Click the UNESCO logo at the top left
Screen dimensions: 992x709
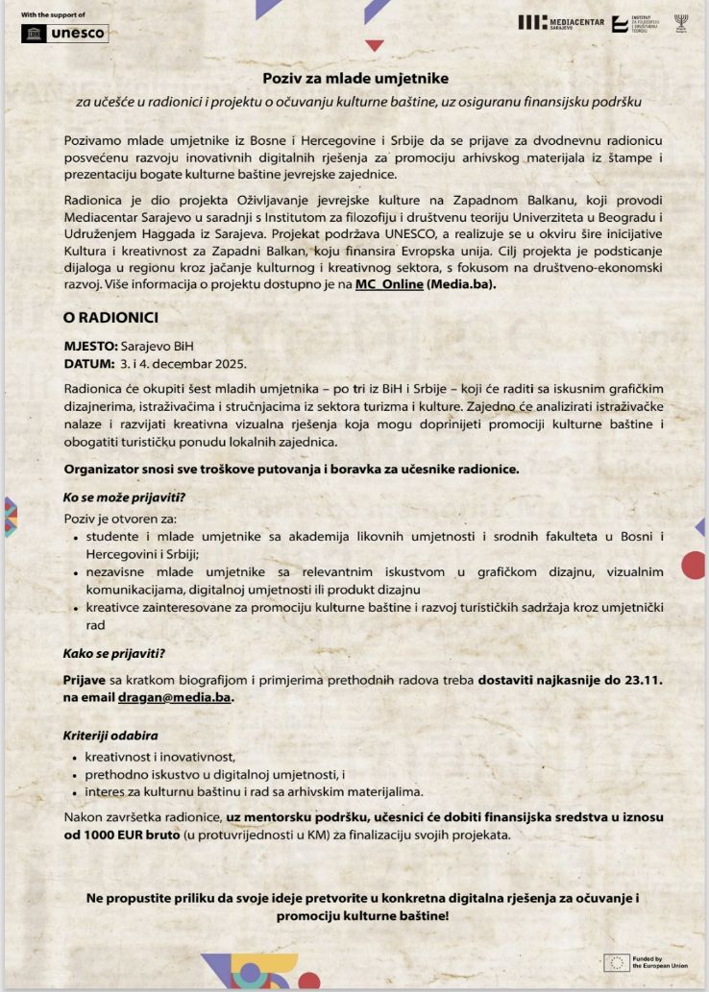[64, 34]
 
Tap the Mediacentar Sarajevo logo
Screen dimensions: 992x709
[561, 22]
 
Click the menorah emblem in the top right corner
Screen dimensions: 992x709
[681, 22]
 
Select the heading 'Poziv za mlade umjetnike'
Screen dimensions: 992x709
[356, 78]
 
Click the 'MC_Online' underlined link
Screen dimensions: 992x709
[388, 284]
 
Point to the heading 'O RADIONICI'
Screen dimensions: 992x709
[110, 317]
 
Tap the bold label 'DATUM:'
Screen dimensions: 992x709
[88, 365]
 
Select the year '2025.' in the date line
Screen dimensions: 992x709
[229, 365]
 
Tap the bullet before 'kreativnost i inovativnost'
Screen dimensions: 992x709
[75, 757]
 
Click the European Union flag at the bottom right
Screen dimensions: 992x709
[617, 962]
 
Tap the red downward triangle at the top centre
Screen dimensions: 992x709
[375, 45]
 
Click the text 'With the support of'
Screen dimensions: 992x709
[53, 15]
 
